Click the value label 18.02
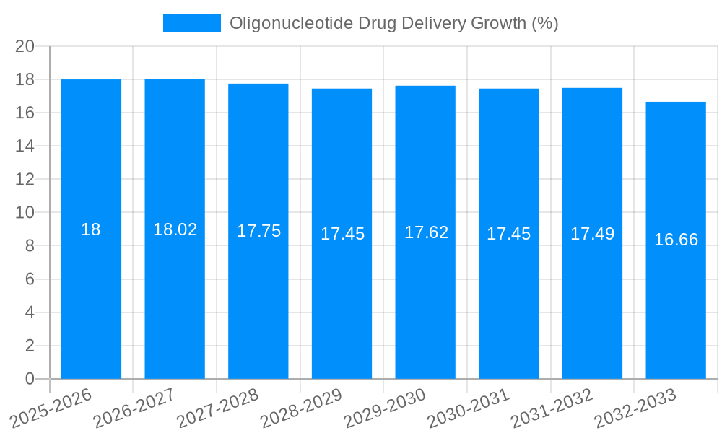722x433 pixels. click(x=175, y=229)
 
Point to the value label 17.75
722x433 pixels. click(x=258, y=231)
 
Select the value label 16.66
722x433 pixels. click(x=676, y=240)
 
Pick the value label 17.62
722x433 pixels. click(x=426, y=232)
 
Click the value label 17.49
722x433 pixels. click(x=592, y=234)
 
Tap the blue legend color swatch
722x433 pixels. click(x=192, y=23)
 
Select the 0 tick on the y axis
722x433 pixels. click(x=30, y=379)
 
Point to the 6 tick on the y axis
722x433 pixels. click(x=30, y=279)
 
